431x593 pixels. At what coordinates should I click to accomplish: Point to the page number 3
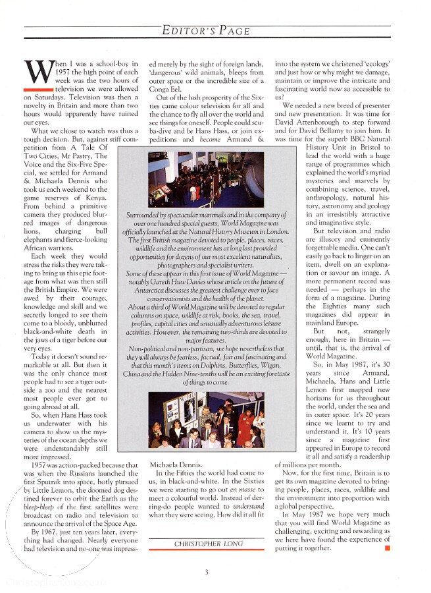coord(206,573)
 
